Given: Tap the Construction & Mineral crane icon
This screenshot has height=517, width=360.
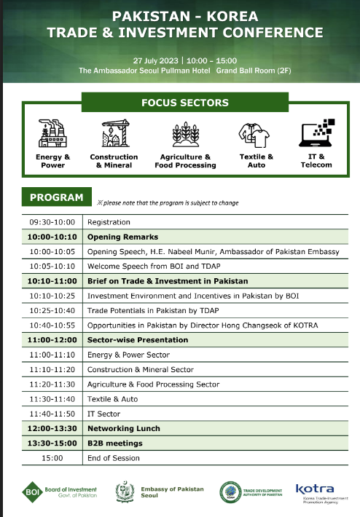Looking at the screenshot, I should tap(114, 135).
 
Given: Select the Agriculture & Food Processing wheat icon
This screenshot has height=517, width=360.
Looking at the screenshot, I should tap(185, 135).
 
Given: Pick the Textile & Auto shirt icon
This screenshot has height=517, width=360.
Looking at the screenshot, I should tap(255, 135).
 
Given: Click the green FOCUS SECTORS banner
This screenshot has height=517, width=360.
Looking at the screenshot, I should tap(184, 103).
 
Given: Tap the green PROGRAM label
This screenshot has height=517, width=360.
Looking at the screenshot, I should tap(56, 197).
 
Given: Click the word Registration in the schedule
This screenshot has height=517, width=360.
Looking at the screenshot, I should tap(109, 222).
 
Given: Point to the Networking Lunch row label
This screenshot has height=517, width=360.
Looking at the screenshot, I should tap(123, 428).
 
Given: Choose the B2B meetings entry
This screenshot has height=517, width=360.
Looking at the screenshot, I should tap(115, 443).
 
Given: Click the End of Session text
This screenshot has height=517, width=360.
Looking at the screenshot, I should tap(113, 458).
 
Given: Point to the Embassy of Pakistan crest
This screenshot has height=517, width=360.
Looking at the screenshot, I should tap(126, 492).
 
